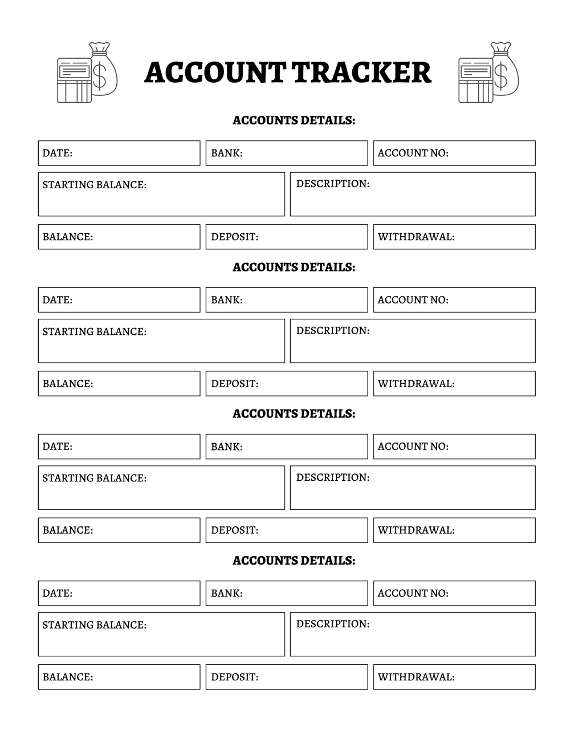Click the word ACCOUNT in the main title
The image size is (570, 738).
(x=215, y=72)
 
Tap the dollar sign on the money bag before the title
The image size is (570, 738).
(x=100, y=76)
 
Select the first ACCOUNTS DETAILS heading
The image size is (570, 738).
(x=294, y=120)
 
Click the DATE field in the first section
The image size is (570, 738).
(x=119, y=153)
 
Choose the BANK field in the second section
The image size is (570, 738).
(x=286, y=300)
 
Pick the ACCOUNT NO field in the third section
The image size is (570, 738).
(x=454, y=447)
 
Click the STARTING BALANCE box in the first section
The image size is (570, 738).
(x=161, y=194)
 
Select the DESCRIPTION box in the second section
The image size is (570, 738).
(x=412, y=341)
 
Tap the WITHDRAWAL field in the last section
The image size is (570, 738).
(x=454, y=677)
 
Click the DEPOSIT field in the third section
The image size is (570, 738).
(x=286, y=530)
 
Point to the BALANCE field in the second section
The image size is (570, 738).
(x=119, y=384)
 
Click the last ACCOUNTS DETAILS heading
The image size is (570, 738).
(x=294, y=561)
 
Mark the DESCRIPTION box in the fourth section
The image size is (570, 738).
(x=412, y=634)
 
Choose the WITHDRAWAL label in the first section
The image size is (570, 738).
(x=416, y=237)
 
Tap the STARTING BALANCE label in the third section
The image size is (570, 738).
(x=94, y=479)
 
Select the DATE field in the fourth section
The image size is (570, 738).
(x=119, y=593)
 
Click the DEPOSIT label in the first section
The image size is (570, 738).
(x=234, y=237)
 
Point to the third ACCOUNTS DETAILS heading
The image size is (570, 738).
(x=294, y=414)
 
